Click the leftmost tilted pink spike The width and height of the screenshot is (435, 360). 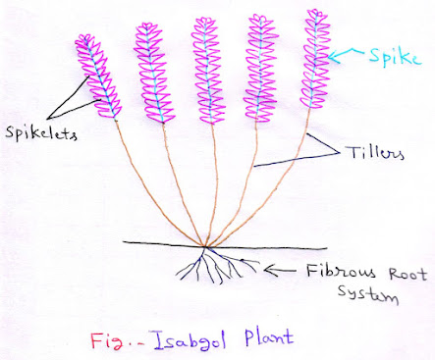[97, 74]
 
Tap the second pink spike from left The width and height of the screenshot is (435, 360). [150, 69]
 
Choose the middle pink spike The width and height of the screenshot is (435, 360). [203, 64]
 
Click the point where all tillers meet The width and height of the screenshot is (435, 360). [204, 246]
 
